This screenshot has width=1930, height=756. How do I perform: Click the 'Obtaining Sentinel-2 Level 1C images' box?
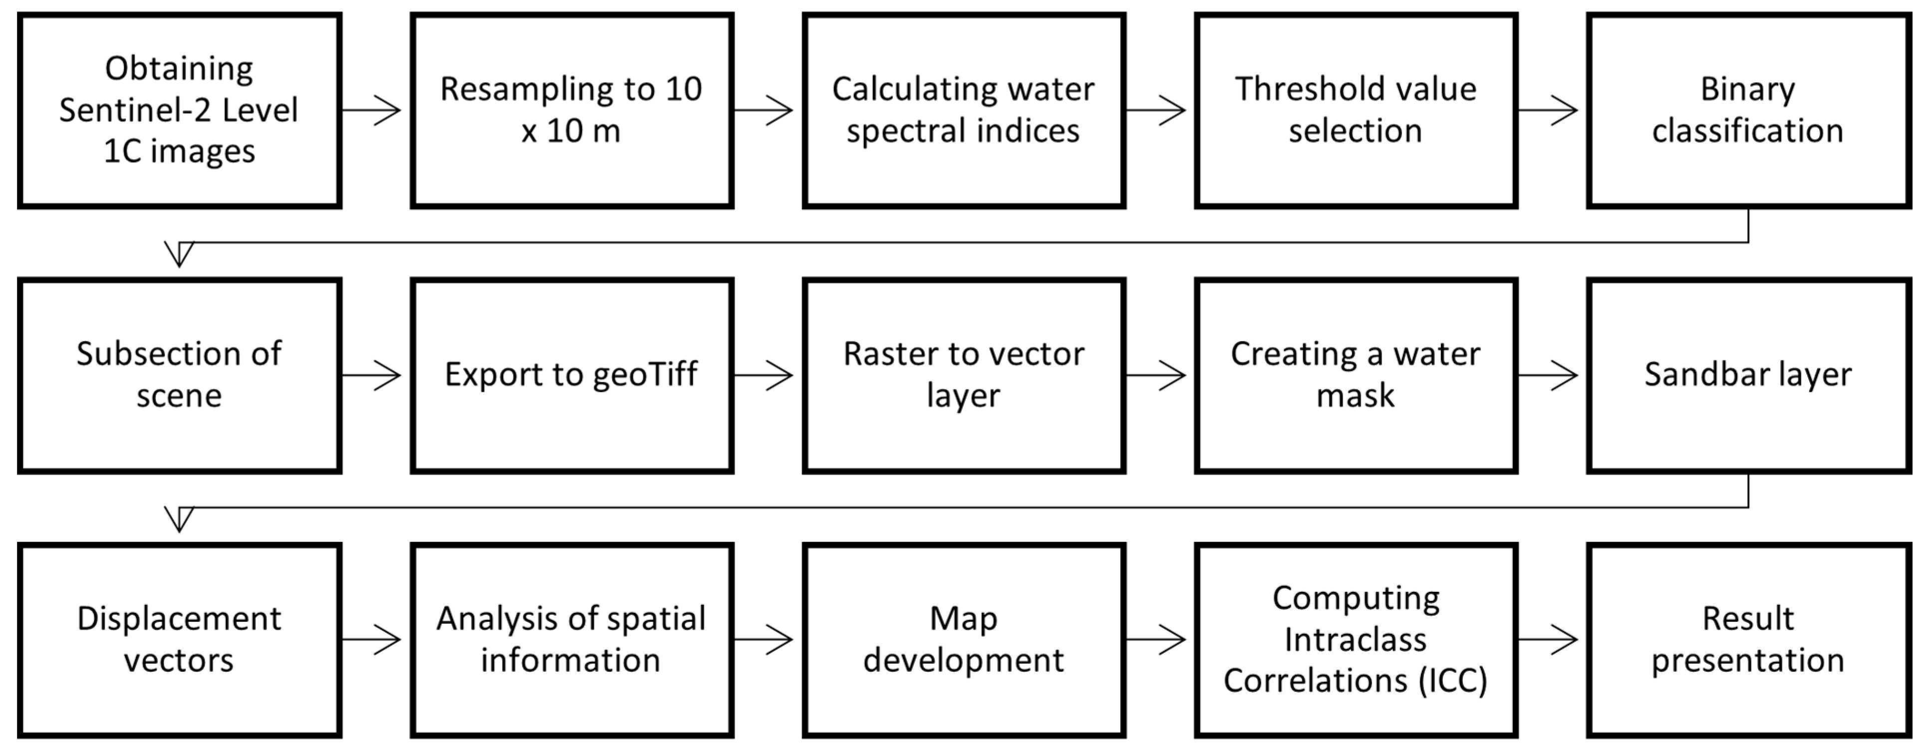[x=179, y=110]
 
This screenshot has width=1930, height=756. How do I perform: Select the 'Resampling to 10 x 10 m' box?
[x=571, y=110]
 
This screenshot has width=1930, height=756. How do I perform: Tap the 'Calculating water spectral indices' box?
[x=963, y=110]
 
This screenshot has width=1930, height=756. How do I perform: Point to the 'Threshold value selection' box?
[x=1356, y=110]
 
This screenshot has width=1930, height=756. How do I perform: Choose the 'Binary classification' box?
[x=1748, y=110]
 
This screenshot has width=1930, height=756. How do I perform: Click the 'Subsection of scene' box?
[x=179, y=375]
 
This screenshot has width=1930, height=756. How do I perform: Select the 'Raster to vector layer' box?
[x=963, y=375]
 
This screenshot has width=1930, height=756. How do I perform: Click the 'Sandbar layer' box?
[x=1748, y=375]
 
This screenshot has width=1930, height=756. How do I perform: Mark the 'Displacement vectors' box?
[x=179, y=640]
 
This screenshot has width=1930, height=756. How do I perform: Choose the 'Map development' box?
[x=963, y=640]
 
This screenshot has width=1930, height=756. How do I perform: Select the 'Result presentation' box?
[x=1748, y=640]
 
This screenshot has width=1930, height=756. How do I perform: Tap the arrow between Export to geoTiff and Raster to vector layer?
[x=763, y=375]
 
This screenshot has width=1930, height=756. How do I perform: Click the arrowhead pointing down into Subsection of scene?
[x=179, y=253]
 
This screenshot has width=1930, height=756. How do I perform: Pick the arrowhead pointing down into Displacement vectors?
[x=179, y=518]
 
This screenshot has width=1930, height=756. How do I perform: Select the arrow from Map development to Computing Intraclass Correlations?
[x=1155, y=640]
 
